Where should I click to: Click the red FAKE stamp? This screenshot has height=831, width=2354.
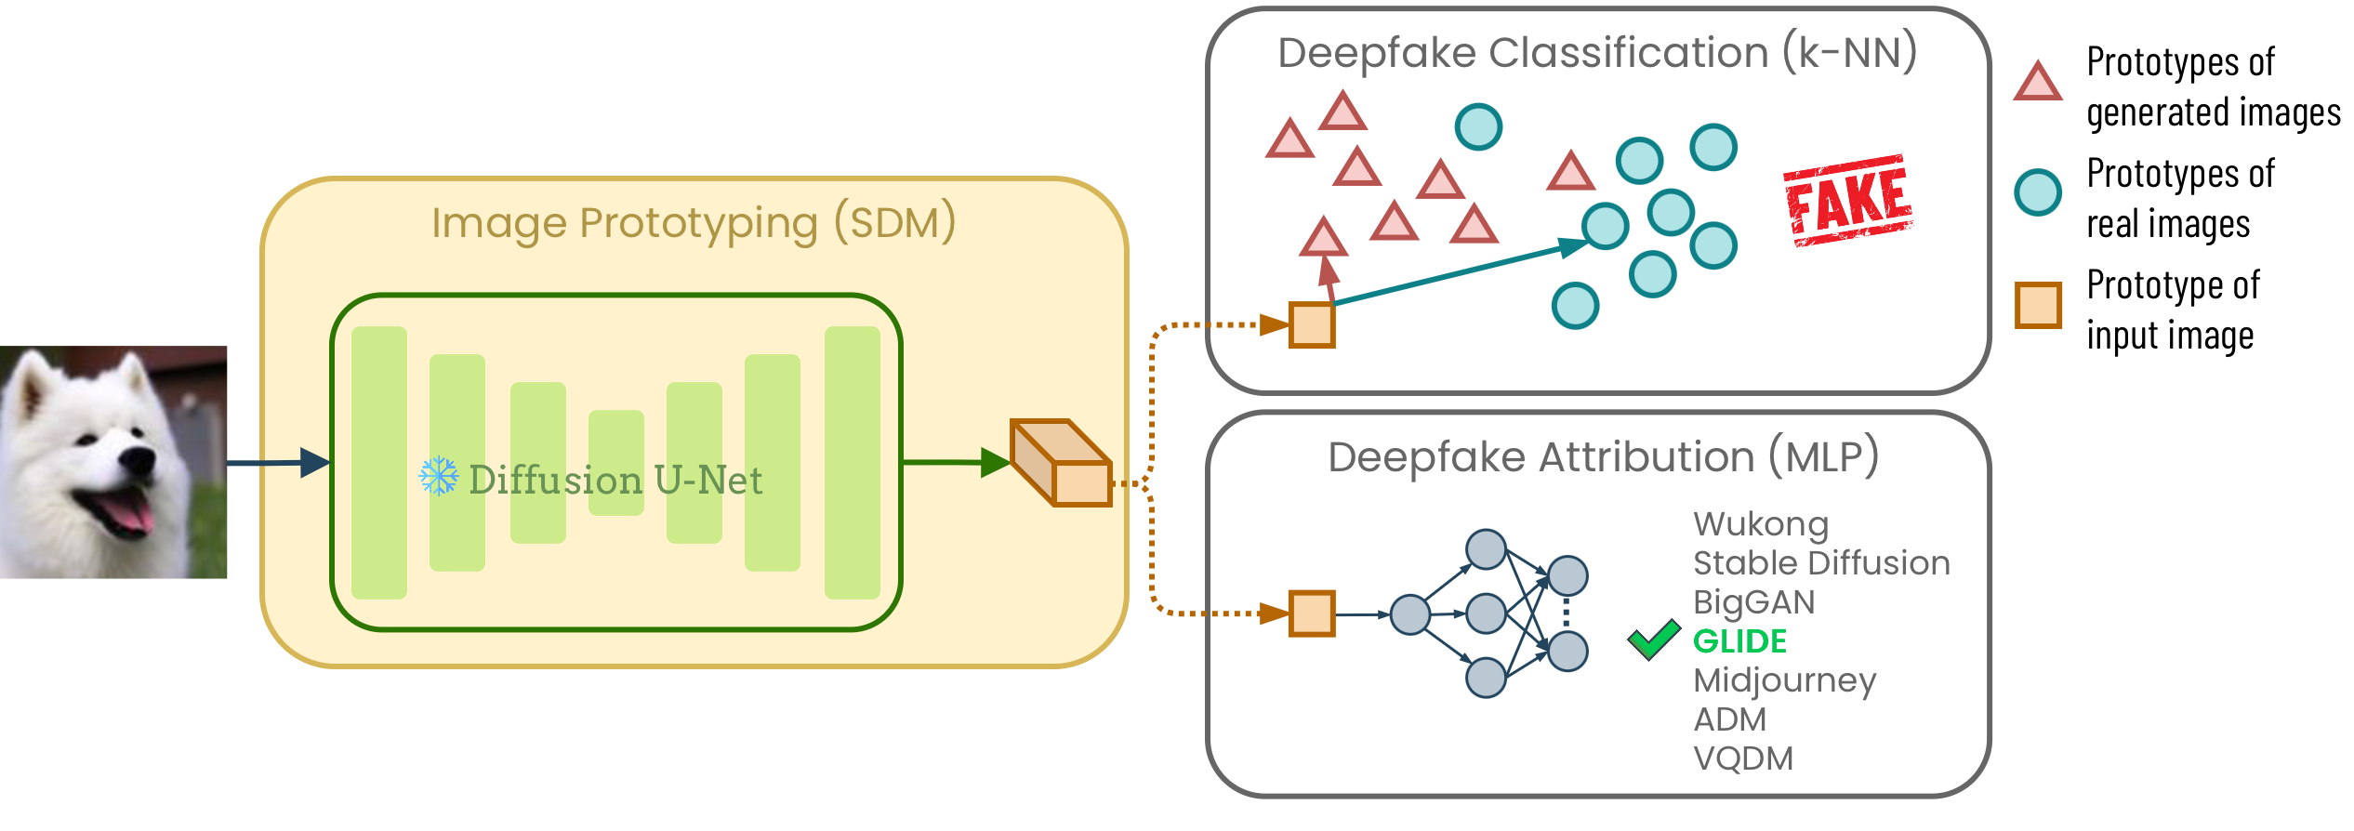pyautogui.click(x=1848, y=201)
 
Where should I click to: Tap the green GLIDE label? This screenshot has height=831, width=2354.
pyautogui.click(x=1739, y=641)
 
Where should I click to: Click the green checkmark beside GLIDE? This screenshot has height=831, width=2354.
pyautogui.click(x=1654, y=640)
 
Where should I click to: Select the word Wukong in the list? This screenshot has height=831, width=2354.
pyautogui.click(x=1761, y=524)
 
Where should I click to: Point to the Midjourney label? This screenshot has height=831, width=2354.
pyautogui.click(x=1784, y=681)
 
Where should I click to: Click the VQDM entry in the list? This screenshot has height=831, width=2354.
pyautogui.click(x=1743, y=758)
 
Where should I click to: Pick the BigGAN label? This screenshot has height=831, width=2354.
pyautogui.click(x=1753, y=602)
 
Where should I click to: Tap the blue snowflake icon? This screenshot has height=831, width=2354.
pyautogui.click(x=439, y=476)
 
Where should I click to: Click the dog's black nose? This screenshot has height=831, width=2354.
pyautogui.click(x=139, y=458)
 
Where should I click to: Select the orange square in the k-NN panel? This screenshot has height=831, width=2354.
pyautogui.click(x=1312, y=325)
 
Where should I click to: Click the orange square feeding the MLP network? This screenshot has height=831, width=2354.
pyautogui.click(x=1312, y=613)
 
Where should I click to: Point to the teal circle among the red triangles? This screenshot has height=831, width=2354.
pyautogui.click(x=1478, y=127)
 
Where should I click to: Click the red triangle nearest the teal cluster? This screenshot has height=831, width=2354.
pyautogui.click(x=1570, y=173)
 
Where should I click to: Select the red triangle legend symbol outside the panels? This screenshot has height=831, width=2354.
pyautogui.click(x=2038, y=83)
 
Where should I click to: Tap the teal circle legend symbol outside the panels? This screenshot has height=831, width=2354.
pyautogui.click(x=2038, y=193)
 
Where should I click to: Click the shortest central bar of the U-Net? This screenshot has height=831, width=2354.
pyautogui.click(x=615, y=463)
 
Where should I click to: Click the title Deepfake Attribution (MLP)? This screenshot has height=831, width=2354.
pyautogui.click(x=1603, y=457)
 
